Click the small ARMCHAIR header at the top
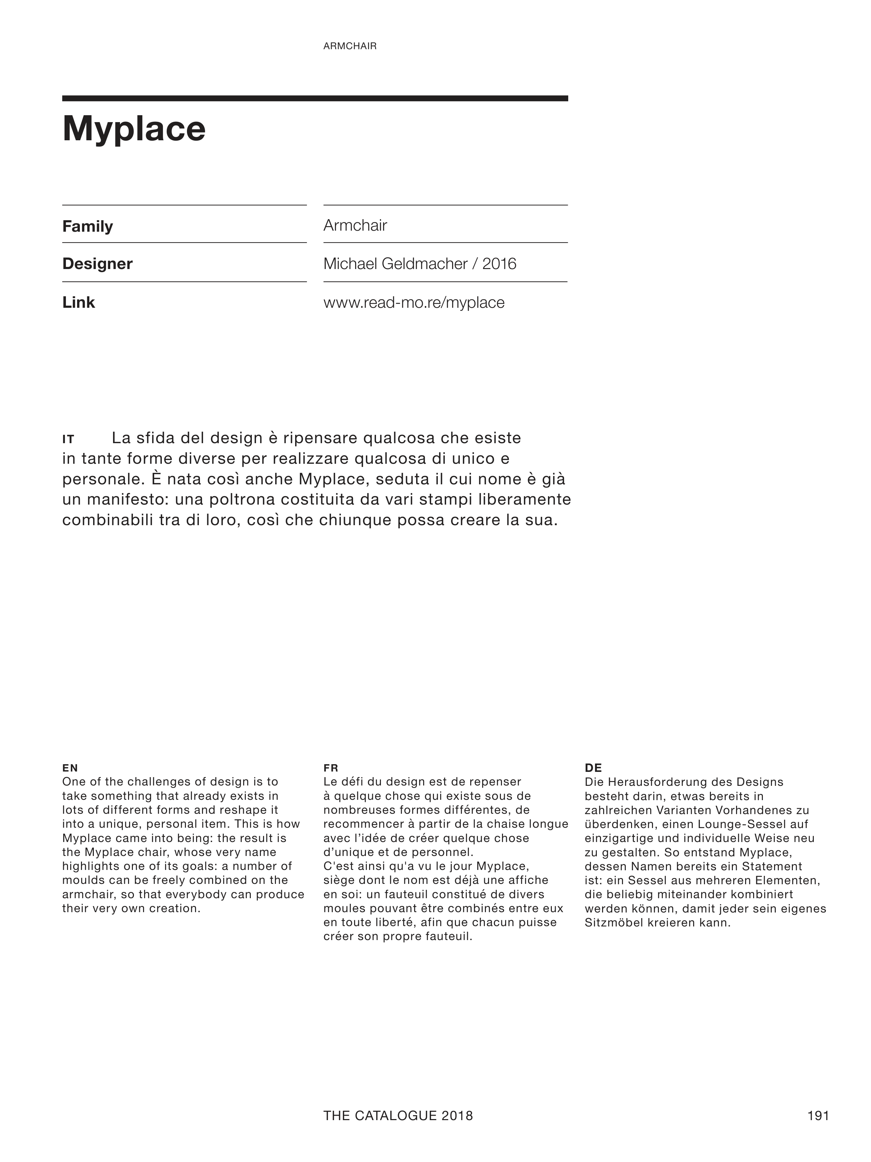pyautogui.click(x=350, y=46)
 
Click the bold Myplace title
pyautogui.click(x=134, y=129)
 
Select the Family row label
pyautogui.click(x=88, y=226)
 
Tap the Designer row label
pyautogui.click(x=97, y=264)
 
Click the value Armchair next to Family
pyautogui.click(x=355, y=226)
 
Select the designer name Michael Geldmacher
pyautogui.click(x=395, y=264)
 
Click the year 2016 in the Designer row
pyautogui.click(x=499, y=264)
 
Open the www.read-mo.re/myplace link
pyautogui.click(x=414, y=303)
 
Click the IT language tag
pyautogui.click(x=68, y=439)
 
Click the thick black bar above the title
pyautogui.click(x=315, y=98)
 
